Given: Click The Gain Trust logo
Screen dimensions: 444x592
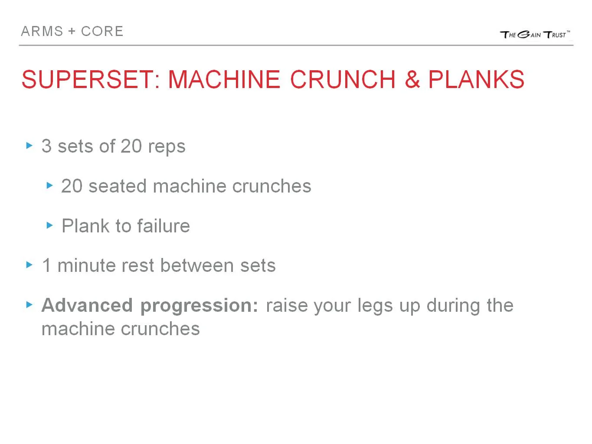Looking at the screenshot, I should (535, 34).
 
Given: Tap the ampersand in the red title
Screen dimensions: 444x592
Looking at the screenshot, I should (412, 79).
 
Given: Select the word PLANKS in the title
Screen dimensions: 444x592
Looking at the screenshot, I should (476, 79).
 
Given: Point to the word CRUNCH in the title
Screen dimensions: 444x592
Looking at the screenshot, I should (343, 79).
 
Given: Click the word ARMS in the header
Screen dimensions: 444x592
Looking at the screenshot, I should (42, 31).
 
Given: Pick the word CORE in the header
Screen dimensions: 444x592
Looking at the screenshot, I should (102, 31).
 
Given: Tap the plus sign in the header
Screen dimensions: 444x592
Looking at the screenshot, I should (72, 32).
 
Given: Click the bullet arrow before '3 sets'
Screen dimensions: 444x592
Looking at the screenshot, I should (29, 146).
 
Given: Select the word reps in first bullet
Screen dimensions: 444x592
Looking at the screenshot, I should (167, 147).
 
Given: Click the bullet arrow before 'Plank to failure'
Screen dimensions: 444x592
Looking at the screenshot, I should (49, 225).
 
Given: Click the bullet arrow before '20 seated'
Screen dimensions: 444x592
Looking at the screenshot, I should (49, 186).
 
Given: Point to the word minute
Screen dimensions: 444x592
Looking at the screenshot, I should (87, 265).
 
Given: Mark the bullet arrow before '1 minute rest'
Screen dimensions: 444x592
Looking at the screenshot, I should (29, 265).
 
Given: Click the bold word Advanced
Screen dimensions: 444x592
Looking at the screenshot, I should (87, 305).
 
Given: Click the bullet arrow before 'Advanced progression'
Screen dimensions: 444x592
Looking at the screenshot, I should (29, 305).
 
